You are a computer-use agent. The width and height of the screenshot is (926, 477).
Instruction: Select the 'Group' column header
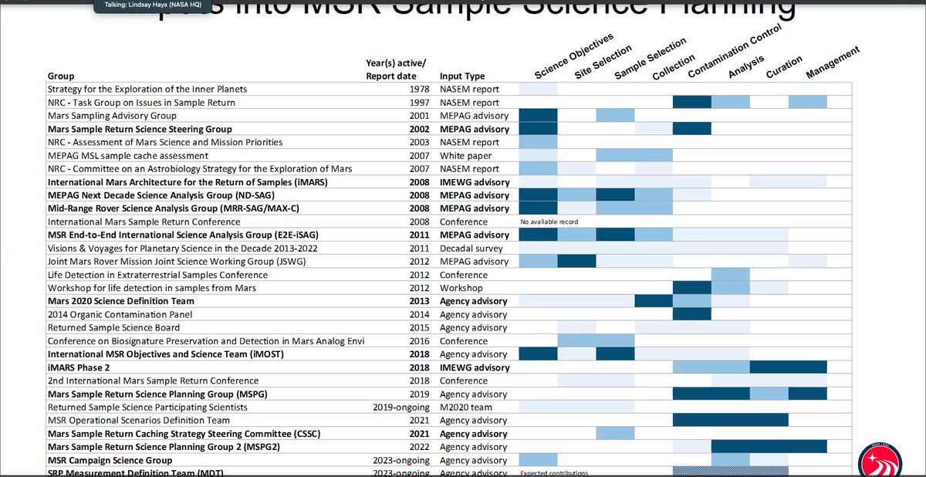61,76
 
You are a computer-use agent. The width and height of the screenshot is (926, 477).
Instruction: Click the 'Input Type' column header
462,76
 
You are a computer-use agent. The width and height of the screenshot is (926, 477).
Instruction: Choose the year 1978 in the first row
420,90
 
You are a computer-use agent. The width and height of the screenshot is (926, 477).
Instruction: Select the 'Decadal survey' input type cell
471,249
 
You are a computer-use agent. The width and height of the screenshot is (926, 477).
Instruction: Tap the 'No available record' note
550,222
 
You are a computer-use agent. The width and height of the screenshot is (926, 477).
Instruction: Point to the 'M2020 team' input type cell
467,407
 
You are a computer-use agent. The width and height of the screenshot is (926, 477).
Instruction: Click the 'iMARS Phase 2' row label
78,367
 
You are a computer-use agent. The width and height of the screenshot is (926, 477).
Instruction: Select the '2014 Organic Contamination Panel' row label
120,314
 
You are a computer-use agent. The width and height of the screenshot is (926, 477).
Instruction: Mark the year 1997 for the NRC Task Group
420,103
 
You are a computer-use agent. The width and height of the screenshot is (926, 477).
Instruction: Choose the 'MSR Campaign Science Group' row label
110,460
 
